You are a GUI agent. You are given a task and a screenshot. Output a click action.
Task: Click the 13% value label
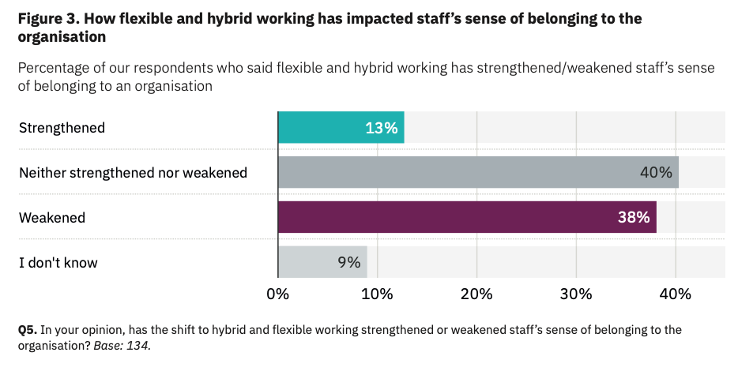381,128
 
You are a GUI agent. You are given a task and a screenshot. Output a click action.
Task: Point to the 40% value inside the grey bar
656,172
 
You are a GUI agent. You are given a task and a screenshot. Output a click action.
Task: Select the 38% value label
634,217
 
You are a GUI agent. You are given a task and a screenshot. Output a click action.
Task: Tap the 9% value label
348,262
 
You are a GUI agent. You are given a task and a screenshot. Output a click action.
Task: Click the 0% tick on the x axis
278,294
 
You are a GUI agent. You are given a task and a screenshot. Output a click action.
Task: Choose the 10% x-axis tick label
377,294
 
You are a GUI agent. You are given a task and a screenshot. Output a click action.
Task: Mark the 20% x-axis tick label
476,294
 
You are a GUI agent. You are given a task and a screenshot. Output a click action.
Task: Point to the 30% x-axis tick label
576,294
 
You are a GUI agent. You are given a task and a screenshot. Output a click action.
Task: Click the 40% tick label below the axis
676,294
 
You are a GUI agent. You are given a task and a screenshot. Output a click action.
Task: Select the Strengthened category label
62,128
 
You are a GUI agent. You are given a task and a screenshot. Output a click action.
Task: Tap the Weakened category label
52,217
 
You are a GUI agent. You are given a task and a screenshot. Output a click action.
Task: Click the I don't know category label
58,262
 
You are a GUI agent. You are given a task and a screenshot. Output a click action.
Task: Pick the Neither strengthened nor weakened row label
133,172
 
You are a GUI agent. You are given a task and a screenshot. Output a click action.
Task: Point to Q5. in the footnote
27,330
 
